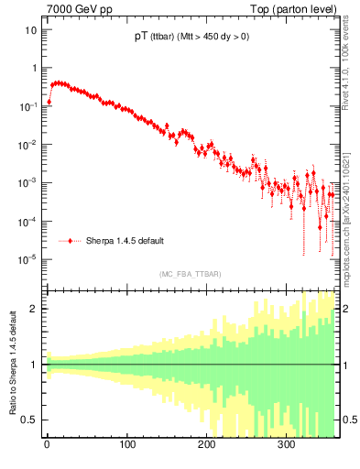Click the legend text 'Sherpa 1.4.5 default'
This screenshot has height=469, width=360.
tap(125, 241)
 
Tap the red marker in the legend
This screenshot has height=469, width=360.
tap(71, 241)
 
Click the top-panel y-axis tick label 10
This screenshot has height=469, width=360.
tap(31, 29)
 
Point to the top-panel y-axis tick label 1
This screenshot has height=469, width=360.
tap(34, 68)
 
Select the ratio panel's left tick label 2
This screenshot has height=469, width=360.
tap(34, 309)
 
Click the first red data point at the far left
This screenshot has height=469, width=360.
tap(49, 102)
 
